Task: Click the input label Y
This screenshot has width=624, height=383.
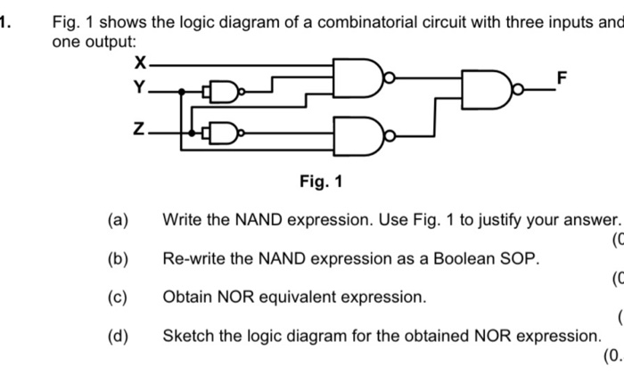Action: [138, 87]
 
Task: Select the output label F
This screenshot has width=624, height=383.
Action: [561, 78]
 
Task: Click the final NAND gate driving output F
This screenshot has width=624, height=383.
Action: [484, 88]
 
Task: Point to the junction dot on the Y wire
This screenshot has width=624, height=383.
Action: [182, 91]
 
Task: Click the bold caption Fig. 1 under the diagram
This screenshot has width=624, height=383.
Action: [320, 183]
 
